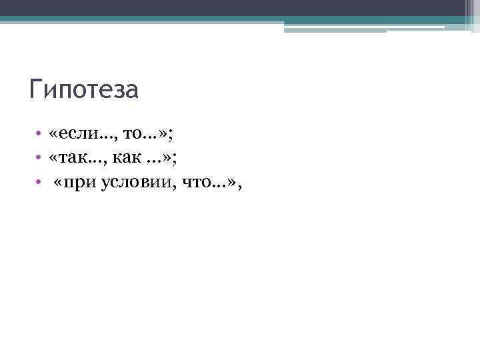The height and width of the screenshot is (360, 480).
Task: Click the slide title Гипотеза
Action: (84, 89)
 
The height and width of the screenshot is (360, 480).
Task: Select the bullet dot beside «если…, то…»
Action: (39, 135)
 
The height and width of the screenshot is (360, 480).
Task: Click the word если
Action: (75, 135)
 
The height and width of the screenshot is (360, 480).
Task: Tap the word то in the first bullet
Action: (131, 135)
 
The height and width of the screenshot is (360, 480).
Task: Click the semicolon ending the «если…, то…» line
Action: (171, 136)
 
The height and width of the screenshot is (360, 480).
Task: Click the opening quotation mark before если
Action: (53, 135)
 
